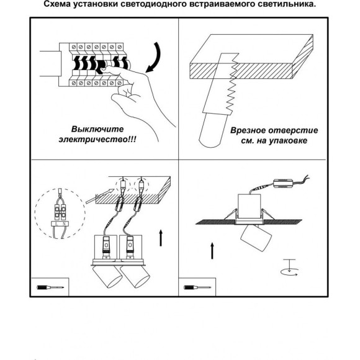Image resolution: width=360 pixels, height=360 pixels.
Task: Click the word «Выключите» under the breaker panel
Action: pyautogui.click(x=97, y=129)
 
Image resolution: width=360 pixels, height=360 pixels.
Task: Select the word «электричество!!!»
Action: pyautogui.click(x=97, y=140)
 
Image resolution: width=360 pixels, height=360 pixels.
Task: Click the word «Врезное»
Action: pyautogui.click(x=248, y=130)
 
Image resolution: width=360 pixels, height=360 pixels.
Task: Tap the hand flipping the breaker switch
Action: pyautogui.click(x=135, y=99)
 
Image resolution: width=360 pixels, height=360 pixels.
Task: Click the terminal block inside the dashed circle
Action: pyautogui.click(x=60, y=212)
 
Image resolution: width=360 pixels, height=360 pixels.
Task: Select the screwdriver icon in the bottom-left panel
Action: pyautogui.click(x=50, y=287)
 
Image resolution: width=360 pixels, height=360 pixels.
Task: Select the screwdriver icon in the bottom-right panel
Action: pyautogui.click(x=197, y=287)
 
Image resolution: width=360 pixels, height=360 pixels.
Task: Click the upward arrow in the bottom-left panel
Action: pyautogui.click(x=161, y=238)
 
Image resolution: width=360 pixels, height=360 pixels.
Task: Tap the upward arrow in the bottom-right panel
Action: pyautogui.click(x=212, y=251)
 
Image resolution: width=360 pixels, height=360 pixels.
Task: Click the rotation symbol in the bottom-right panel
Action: pyautogui.click(x=289, y=268)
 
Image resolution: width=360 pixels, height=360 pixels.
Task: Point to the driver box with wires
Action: pyautogui.click(x=283, y=184)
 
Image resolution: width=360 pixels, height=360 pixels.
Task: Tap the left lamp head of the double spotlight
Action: pyautogui.click(x=107, y=276)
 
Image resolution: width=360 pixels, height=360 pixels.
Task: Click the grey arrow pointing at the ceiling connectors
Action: pyautogui.click(x=100, y=196)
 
